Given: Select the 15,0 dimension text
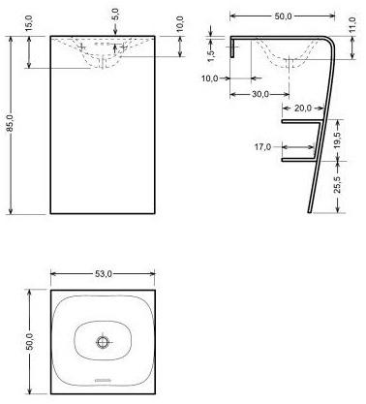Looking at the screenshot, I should tap(31, 19).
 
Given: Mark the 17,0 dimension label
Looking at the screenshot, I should tap(261, 148).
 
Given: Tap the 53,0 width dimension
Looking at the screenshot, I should tap(103, 274).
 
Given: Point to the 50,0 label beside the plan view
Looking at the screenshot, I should tap(30, 341).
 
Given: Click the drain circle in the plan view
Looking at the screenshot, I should tap(103, 342).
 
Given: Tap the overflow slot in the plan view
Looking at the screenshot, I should tap(103, 378).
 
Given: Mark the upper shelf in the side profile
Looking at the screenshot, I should tap(300, 125).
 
